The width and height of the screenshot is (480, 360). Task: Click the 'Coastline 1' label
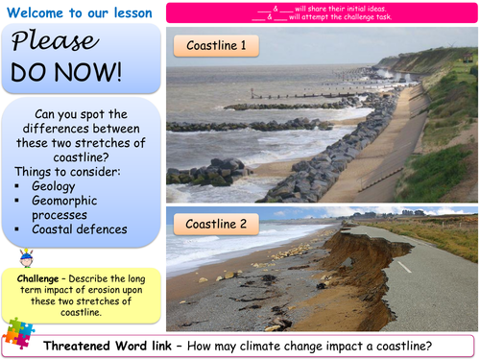[x=215, y=45]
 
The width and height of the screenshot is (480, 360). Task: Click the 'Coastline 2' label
[x=216, y=224]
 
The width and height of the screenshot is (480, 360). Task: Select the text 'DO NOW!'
[x=66, y=72]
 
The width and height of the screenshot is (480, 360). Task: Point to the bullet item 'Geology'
[x=54, y=185]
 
